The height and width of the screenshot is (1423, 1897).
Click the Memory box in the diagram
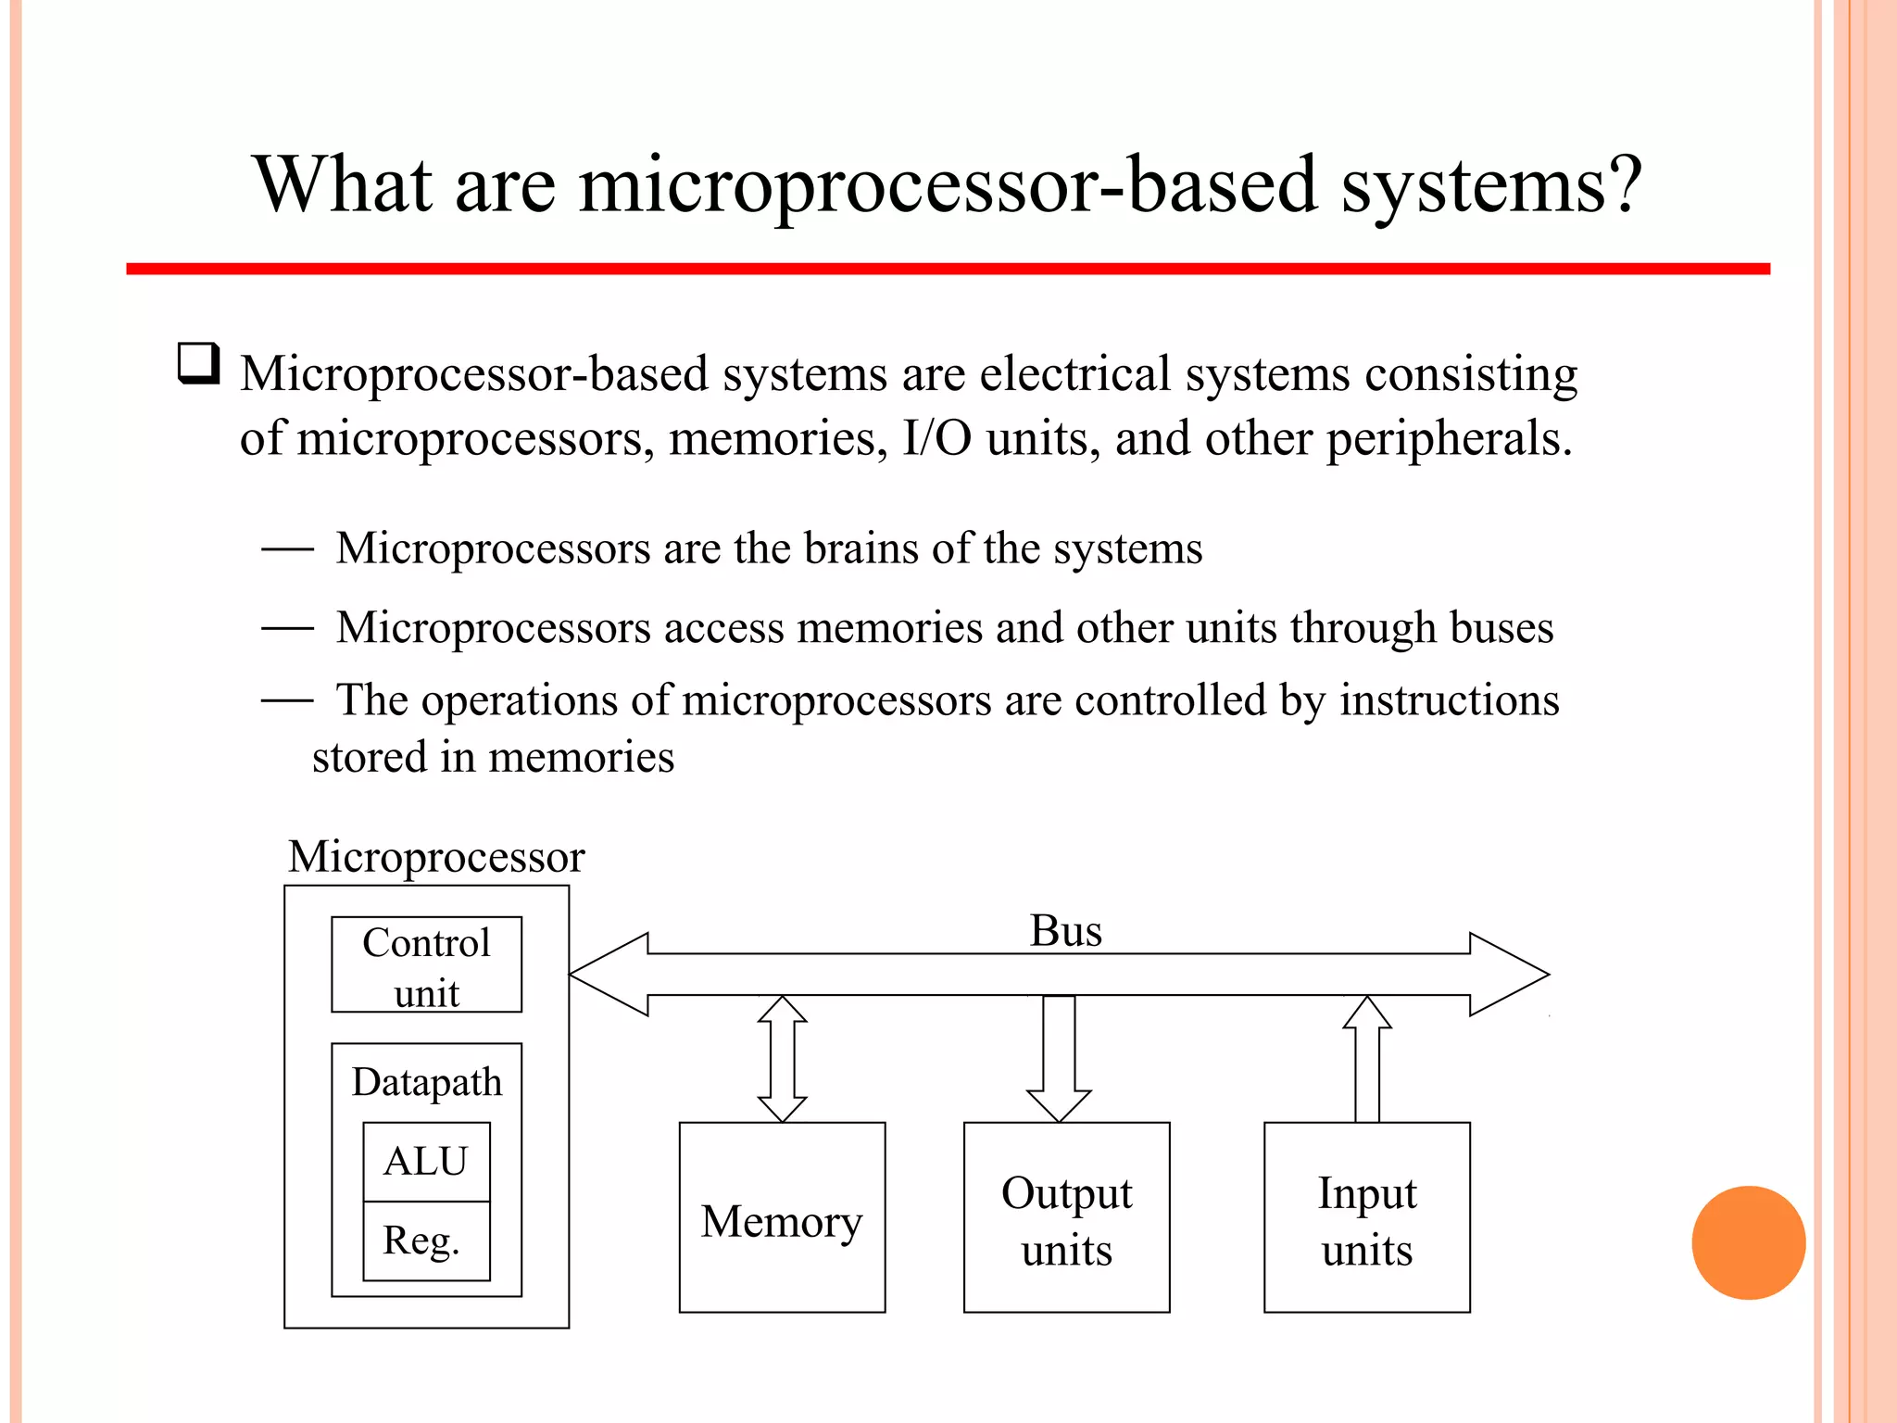click(x=782, y=1217)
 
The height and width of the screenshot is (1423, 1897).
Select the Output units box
click(x=1066, y=1217)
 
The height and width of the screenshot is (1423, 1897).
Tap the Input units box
click(x=1366, y=1217)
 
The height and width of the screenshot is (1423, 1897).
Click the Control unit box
click(x=426, y=965)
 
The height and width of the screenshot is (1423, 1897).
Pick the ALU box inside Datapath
click(x=426, y=1162)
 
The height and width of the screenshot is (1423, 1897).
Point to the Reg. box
click(x=426, y=1241)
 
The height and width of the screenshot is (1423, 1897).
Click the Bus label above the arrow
click(x=1066, y=930)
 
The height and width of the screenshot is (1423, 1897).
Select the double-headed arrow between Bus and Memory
click(x=782, y=1059)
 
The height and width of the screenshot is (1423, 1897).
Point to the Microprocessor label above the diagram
click(x=436, y=857)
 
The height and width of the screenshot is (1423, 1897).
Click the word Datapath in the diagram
click(x=426, y=1082)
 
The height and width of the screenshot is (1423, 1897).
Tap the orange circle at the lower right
click(x=1748, y=1242)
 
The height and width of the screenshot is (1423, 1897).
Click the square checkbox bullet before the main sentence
click(x=198, y=363)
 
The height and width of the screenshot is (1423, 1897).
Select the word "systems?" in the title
click(x=1492, y=184)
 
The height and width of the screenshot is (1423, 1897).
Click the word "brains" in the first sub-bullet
click(x=861, y=548)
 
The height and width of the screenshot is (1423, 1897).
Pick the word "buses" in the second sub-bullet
click(x=1501, y=628)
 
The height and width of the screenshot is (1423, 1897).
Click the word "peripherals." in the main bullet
click(x=1450, y=439)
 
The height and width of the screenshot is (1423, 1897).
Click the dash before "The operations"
click(x=287, y=700)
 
